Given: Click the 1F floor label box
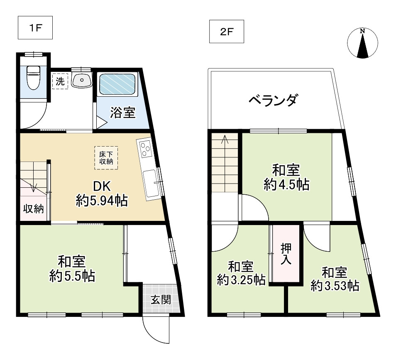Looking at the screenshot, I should pyautogui.click(x=34, y=28).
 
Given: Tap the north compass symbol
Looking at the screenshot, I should pyautogui.click(x=362, y=43).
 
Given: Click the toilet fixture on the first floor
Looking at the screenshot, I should pyautogui.click(x=32, y=78).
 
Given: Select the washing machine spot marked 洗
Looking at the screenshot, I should pyautogui.click(x=60, y=81).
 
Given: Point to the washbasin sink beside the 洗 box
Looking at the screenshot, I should pyautogui.click(x=82, y=79).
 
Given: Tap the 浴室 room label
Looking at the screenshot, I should pyautogui.click(x=122, y=113).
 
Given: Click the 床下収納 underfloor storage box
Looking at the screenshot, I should pyautogui.click(x=106, y=157).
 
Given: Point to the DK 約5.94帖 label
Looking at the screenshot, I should pyautogui.click(x=101, y=194).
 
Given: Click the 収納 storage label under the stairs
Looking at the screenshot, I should pyautogui.click(x=33, y=209).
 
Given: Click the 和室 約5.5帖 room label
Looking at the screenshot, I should pyautogui.click(x=71, y=269).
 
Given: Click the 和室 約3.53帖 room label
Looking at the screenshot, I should pyautogui.click(x=335, y=279).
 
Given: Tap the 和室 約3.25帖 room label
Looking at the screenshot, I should pyautogui.click(x=241, y=273).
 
